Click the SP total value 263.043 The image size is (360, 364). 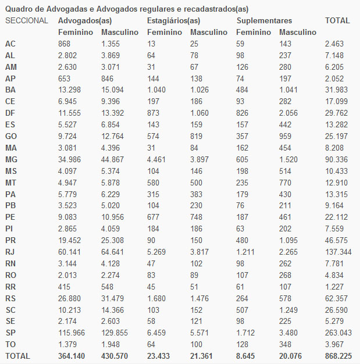pos(338,332)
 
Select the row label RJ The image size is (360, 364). pos(10,251)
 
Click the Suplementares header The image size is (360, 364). pos(265,20)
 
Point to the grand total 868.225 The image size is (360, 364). pos(338,355)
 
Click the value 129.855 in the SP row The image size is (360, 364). pos(115,332)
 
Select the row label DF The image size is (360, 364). pos(10,113)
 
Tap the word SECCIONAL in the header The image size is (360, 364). pos(26,20)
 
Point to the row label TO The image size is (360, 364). pos(10,344)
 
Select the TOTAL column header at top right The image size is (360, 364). pos(337,20)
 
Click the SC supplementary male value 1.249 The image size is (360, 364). pos(291,309)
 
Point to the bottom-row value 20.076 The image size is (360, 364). pos(294,355)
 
